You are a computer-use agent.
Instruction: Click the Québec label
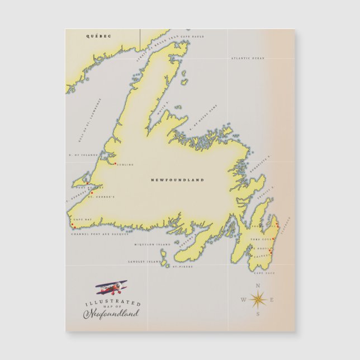point(98,36)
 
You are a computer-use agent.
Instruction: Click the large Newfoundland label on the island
point(178,180)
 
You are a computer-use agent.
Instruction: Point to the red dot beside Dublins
point(115,164)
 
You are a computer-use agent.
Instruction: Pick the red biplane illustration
point(111,288)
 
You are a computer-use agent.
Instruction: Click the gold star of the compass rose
point(258,300)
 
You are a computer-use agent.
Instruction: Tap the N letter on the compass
point(258,286)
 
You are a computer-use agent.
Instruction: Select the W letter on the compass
point(243,301)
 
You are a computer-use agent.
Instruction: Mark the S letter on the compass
point(258,315)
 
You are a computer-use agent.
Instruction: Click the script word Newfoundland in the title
point(111,314)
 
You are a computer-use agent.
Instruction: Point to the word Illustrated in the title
point(112,303)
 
